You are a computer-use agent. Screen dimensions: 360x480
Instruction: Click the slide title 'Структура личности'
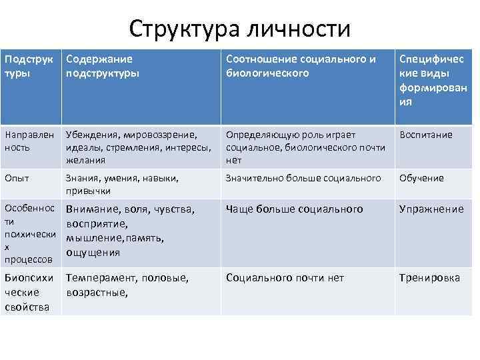pyautogui.click(x=240, y=28)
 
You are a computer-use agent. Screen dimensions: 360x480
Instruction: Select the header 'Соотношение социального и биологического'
pyautogui.click(x=301, y=66)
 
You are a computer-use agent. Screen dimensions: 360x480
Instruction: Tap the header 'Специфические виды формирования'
pyautogui.click(x=433, y=80)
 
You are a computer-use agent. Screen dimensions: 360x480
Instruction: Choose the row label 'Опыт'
pyautogui.click(x=17, y=178)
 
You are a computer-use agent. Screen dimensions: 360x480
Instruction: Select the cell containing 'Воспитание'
pyautogui.click(x=425, y=135)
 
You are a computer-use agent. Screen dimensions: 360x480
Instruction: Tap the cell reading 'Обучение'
pyautogui.click(x=421, y=178)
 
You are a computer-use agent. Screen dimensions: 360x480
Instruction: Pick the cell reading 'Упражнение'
pyautogui.click(x=431, y=209)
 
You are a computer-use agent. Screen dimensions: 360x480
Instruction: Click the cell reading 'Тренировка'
pyautogui.click(x=429, y=278)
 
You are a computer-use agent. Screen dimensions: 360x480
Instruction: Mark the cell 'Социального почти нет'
pyautogui.click(x=285, y=278)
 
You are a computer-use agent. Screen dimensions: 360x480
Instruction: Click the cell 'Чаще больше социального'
pyautogui.click(x=294, y=209)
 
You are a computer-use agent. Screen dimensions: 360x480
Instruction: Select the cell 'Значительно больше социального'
pyautogui.click(x=303, y=178)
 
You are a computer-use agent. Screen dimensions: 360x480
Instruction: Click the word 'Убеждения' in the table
pyautogui.click(x=88, y=135)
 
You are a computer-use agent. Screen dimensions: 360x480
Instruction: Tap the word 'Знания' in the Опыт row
pyautogui.click(x=81, y=178)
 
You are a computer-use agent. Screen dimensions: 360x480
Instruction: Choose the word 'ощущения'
pyautogui.click(x=93, y=252)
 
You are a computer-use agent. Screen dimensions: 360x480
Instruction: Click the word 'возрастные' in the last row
pyautogui.click(x=97, y=292)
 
